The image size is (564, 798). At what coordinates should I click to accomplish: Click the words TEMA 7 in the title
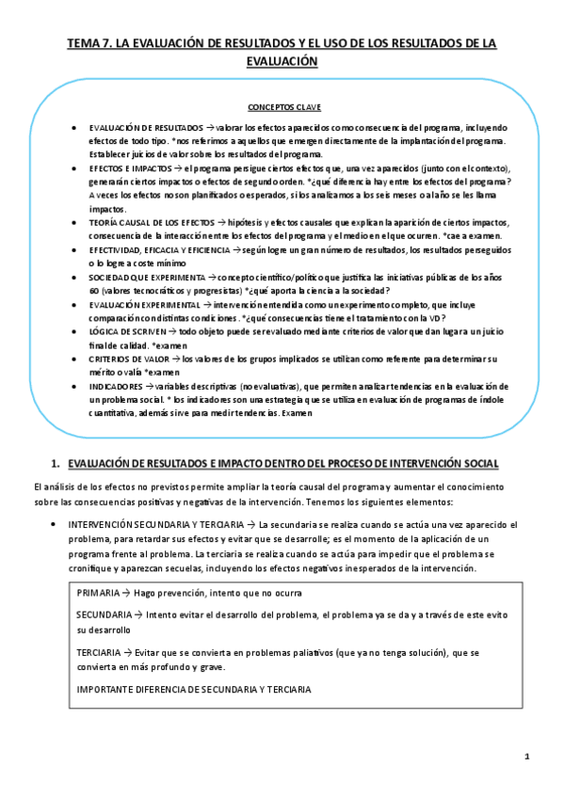pyautogui.click(x=88, y=43)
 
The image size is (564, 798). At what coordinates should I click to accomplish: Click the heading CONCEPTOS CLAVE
pyautogui.click(x=282, y=106)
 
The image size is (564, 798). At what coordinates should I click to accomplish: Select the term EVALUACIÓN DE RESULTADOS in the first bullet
pyautogui.click(x=146, y=127)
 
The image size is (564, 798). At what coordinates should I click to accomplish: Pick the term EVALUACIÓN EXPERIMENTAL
pyautogui.click(x=145, y=305)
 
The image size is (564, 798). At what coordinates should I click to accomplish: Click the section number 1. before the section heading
pyautogui.click(x=56, y=462)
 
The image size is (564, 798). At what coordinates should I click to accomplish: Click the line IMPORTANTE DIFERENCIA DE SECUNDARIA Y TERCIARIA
pyautogui.click(x=194, y=688)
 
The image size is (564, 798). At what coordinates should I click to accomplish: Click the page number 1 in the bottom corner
pyautogui.click(x=527, y=757)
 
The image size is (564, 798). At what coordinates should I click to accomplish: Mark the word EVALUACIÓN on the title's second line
pyautogui.click(x=282, y=61)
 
